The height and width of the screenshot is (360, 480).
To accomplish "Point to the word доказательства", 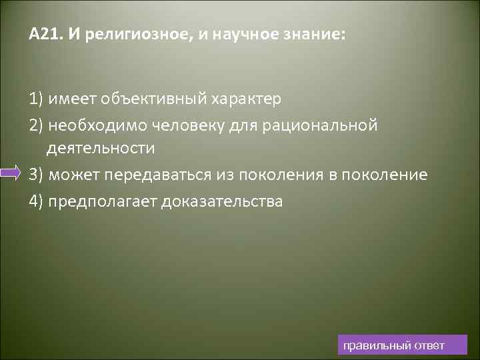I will point(222,201).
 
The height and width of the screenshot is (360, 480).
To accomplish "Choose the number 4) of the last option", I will point(36,201).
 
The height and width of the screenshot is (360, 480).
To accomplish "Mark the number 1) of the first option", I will point(36,99).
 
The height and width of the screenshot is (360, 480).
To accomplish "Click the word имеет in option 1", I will point(71,99).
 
